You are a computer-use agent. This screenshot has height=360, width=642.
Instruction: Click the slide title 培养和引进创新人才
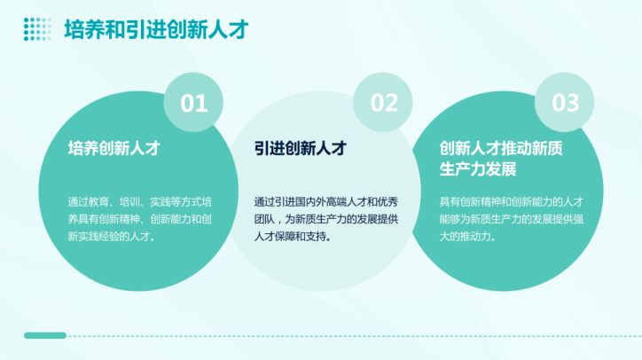pos(156,29)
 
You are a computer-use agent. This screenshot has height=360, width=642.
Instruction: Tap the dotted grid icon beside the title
pos(37,29)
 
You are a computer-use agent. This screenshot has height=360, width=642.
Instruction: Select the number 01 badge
pos(193,102)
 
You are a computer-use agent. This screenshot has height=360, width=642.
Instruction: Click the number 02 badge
pos(383,102)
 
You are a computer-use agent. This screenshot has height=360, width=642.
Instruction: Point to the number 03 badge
pos(564,102)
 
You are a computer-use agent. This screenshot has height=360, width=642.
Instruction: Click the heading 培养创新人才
pos(114,148)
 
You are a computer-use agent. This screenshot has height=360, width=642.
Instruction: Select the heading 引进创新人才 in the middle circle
pos(300,148)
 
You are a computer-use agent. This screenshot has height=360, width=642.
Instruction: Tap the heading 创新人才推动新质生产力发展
pos(501,159)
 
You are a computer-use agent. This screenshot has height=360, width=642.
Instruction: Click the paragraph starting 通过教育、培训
pos(139,219)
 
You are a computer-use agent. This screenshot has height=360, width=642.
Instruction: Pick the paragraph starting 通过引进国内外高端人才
pos(326,219)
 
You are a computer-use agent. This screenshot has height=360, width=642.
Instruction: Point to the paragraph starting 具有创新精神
pos(512,219)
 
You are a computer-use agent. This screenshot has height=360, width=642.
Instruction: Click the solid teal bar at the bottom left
pos(45,335)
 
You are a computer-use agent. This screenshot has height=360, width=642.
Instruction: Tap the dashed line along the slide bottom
pos(354,336)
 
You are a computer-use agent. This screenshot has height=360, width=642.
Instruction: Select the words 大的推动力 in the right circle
pos(465,237)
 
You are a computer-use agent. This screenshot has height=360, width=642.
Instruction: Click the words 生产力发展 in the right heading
pos(478,168)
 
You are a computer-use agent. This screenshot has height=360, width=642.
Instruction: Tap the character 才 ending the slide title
pos(239,29)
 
